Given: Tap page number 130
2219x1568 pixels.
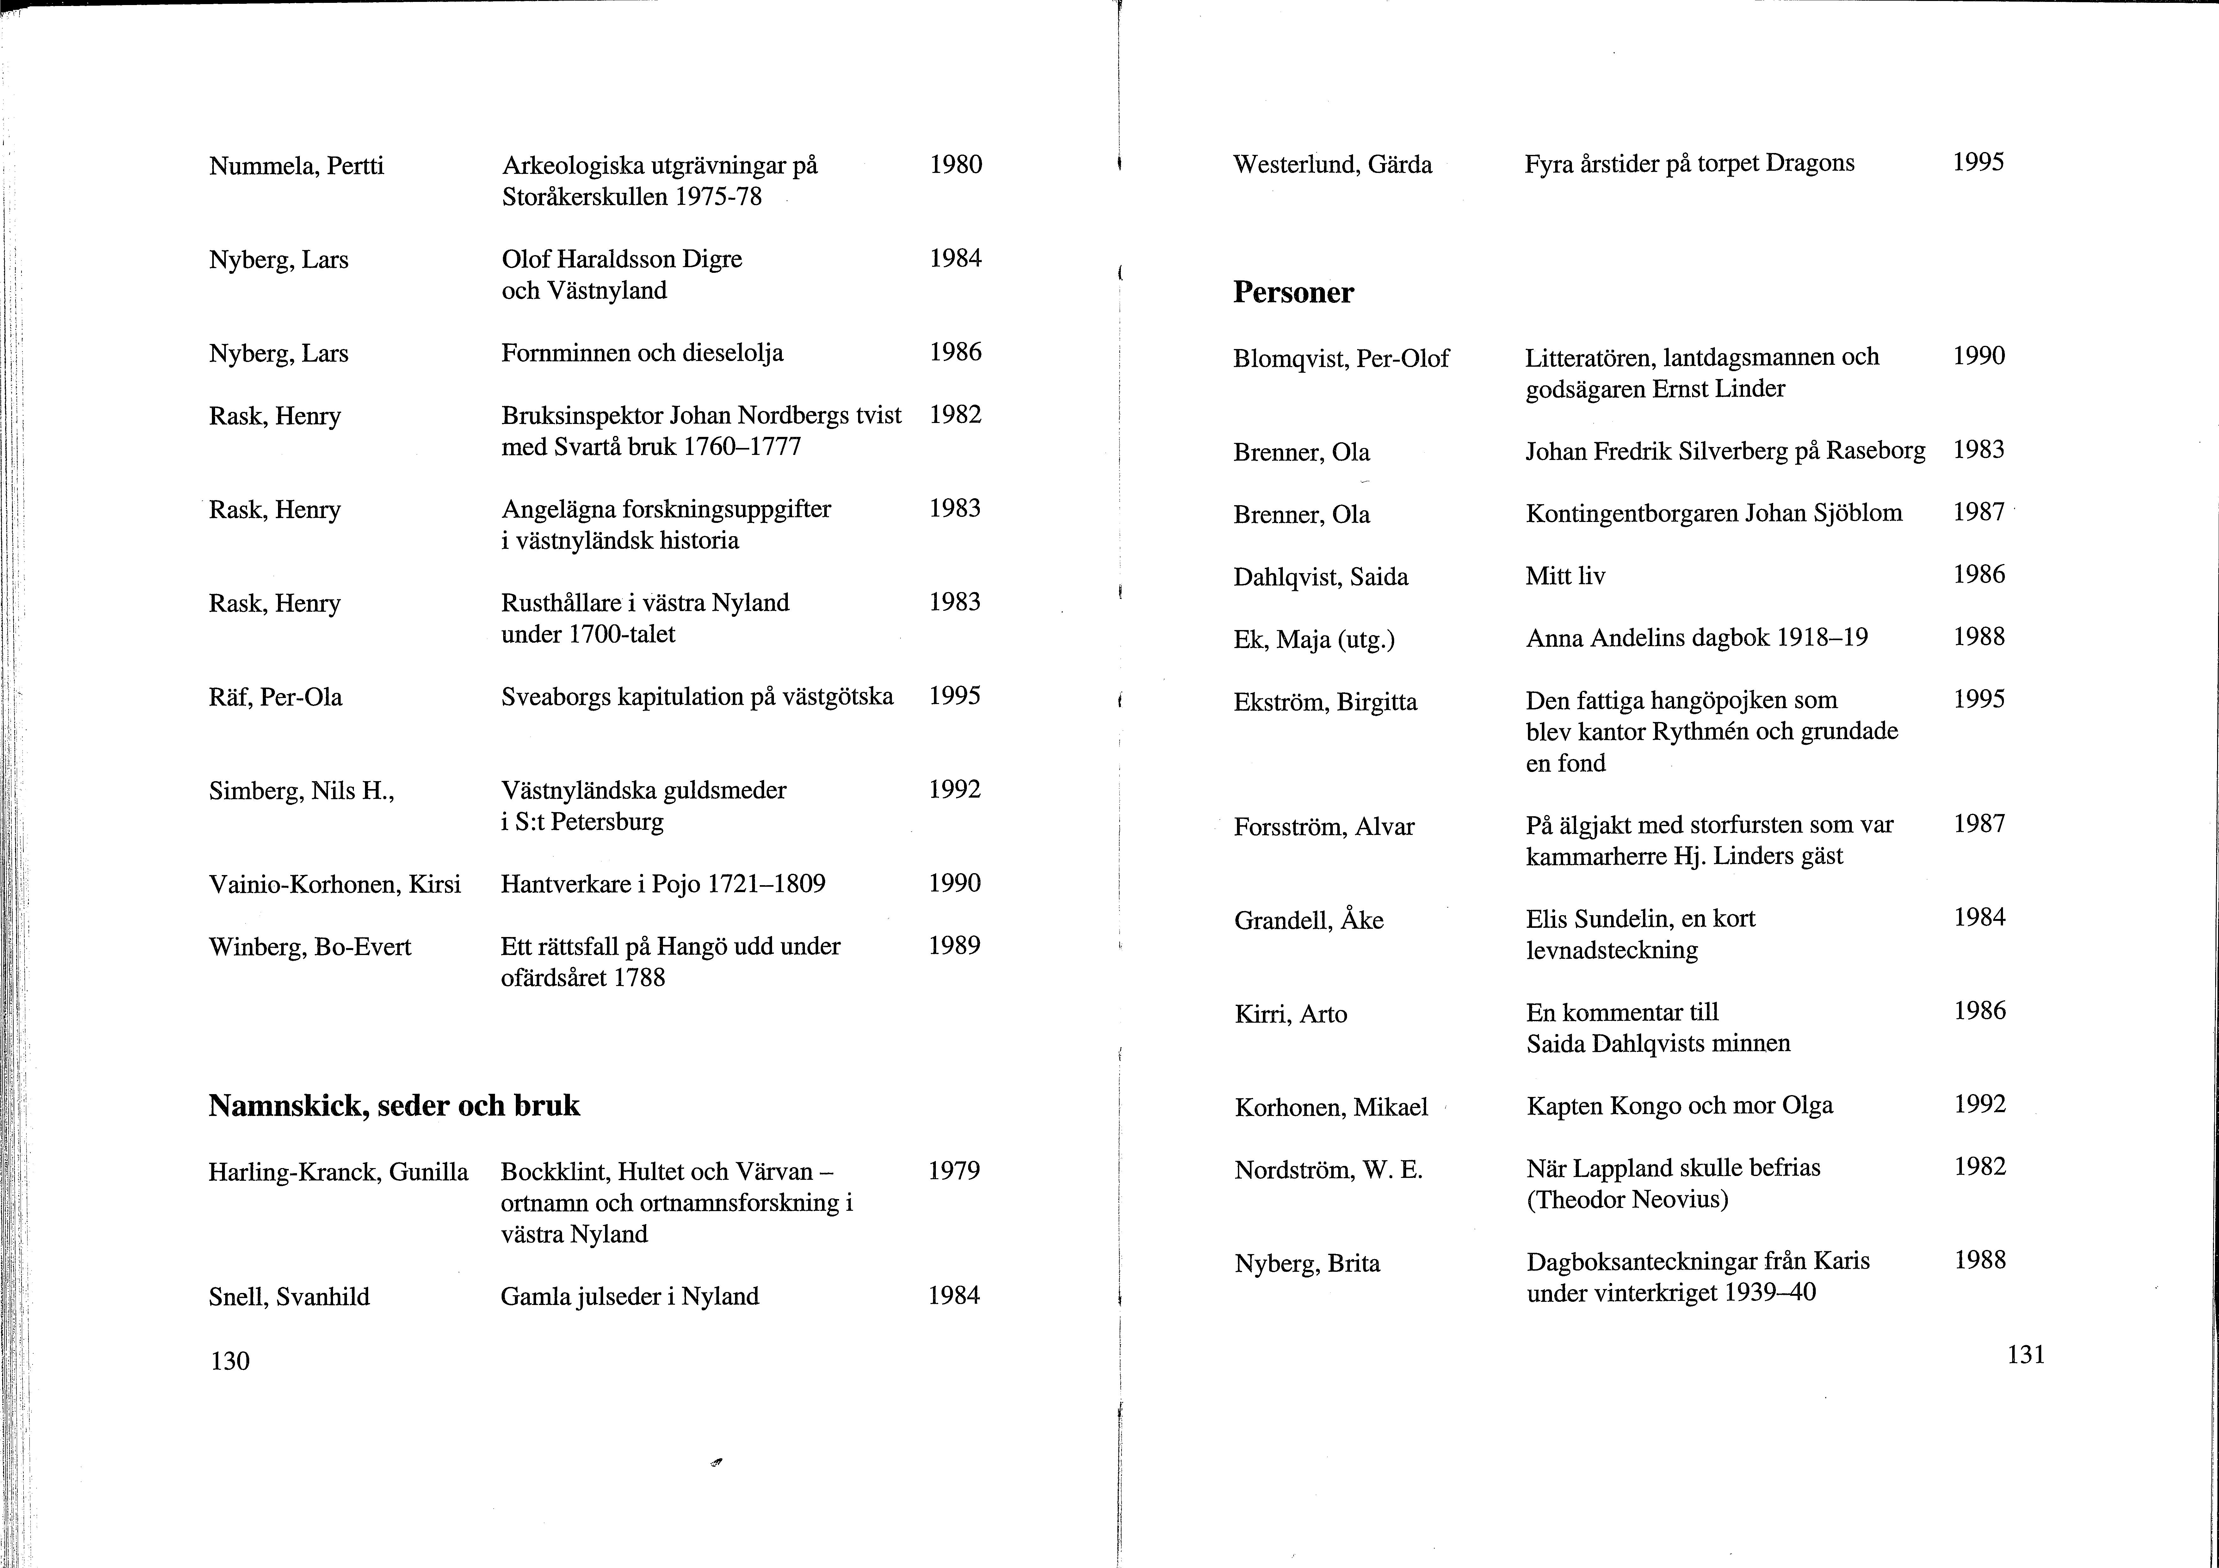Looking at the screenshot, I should pos(230,1360).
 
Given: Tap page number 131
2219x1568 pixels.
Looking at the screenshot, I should pos(2026,1355).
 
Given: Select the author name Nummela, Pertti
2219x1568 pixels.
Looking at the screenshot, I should pos(296,166).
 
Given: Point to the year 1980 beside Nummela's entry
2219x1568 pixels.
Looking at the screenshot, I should pos(955,164).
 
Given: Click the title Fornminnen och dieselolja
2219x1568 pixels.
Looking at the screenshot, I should pos(642,352).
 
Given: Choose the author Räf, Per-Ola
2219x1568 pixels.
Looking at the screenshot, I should pos(275,696).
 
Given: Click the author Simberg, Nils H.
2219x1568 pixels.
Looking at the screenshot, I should pos(301,791).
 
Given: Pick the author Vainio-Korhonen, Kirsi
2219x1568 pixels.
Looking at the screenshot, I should pos(334,884).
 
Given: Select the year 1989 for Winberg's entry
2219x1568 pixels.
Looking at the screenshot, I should pos(954,945).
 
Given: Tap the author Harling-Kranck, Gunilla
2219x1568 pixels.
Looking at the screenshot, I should pos(338,1172).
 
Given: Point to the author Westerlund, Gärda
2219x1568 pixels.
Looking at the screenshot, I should pos(1332,164).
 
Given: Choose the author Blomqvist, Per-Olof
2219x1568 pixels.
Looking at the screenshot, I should pos(1340,358).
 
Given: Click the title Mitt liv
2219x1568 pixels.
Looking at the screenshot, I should pos(1565,576).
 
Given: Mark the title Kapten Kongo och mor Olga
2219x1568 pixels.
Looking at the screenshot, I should pos(1679,1105).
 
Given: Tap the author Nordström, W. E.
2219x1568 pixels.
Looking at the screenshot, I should pos(1328,1170).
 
